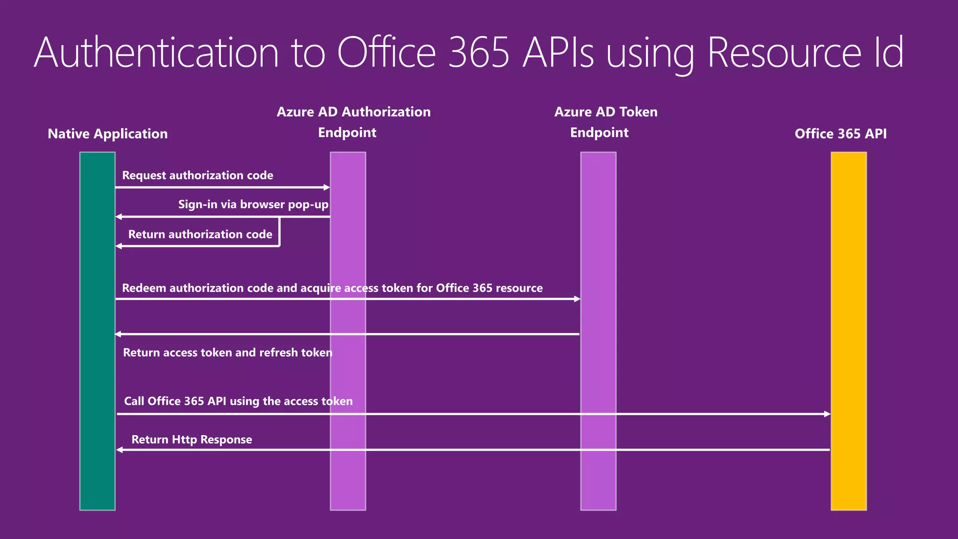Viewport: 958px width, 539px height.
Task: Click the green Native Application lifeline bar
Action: (97, 330)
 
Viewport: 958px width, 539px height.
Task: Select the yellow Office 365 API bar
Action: (849, 330)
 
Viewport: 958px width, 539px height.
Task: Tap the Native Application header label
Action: (108, 134)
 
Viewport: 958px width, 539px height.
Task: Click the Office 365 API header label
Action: (841, 134)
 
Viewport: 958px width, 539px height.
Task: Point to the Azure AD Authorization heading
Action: (354, 112)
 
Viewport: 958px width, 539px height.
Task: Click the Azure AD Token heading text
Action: (606, 112)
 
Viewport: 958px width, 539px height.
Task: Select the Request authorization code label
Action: (197, 175)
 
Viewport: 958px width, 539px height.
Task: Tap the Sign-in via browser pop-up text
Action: (253, 204)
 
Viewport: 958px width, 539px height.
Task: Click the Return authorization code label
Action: (200, 234)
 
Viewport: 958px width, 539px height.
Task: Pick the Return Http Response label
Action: (191, 440)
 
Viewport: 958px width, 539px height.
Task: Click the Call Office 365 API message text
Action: (238, 401)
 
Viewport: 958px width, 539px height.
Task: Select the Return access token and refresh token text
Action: (227, 353)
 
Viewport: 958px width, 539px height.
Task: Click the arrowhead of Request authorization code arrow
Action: (327, 188)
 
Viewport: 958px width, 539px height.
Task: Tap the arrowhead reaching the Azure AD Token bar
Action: (577, 299)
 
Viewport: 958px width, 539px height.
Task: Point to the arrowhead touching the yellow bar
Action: (827, 414)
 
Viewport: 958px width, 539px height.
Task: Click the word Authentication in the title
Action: (156, 52)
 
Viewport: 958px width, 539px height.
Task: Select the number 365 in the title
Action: (478, 52)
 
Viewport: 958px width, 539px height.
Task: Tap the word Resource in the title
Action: (784, 52)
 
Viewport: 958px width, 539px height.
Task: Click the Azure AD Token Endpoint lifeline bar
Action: (598, 398)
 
